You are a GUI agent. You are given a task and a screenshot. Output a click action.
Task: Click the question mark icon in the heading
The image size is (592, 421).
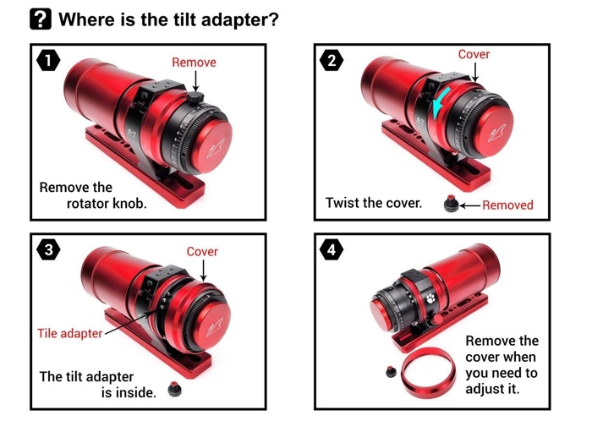point(41,19)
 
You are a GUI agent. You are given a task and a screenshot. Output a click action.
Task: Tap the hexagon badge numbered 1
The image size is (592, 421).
point(48,60)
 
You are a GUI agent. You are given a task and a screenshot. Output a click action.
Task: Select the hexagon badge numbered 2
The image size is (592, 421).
point(332,60)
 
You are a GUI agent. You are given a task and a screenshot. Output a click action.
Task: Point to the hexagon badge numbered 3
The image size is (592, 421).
point(48,249)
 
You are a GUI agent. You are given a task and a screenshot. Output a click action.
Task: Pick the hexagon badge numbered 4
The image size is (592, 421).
point(332,249)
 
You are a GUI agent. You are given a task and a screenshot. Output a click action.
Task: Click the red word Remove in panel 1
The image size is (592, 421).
point(194,63)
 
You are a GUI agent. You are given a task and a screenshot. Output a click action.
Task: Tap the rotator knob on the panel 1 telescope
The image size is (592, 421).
point(195,98)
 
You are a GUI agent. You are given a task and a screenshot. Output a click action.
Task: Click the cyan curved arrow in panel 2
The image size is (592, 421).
point(440,102)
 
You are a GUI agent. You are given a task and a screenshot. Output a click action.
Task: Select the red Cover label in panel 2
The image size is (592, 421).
point(474,54)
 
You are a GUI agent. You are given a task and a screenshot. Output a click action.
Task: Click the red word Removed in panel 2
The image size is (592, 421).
point(507,205)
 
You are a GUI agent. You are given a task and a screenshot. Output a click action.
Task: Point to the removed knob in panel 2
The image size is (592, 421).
point(451,204)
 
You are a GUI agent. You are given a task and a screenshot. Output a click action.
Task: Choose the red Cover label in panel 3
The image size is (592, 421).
point(202,252)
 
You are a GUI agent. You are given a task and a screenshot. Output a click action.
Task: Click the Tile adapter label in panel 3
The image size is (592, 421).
point(70,333)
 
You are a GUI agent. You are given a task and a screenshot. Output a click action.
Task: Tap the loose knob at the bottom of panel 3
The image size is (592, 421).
point(175,389)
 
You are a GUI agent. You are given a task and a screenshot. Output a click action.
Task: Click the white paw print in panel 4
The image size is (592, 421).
point(430,298)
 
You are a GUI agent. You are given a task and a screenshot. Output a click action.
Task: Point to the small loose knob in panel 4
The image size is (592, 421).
point(392,372)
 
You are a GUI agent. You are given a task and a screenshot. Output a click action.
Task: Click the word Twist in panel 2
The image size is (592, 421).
point(342,203)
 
